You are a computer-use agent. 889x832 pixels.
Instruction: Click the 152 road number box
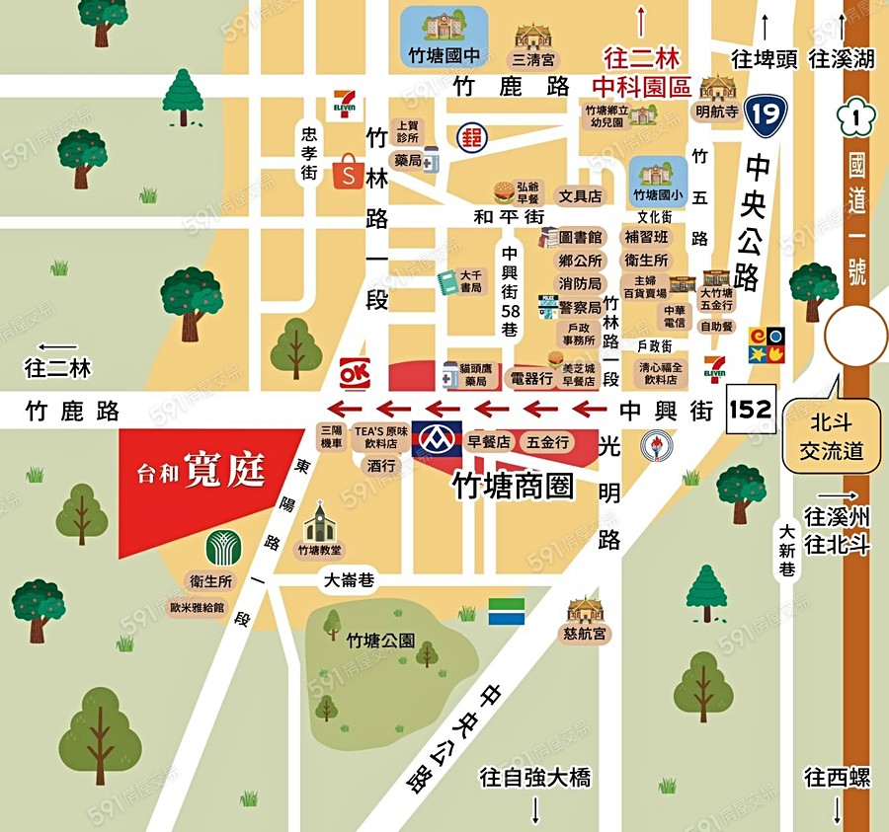click(751, 409)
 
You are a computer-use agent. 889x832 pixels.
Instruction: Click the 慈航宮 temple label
click(585, 634)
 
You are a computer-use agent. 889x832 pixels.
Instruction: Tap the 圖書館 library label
click(580, 238)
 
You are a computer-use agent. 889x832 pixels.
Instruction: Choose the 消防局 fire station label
click(580, 283)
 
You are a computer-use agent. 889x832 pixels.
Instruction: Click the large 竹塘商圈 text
click(512, 484)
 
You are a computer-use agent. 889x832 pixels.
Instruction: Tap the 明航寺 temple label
click(717, 112)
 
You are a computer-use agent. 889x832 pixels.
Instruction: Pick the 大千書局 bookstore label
click(471, 281)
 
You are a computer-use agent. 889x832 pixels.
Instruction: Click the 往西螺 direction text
click(837, 778)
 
